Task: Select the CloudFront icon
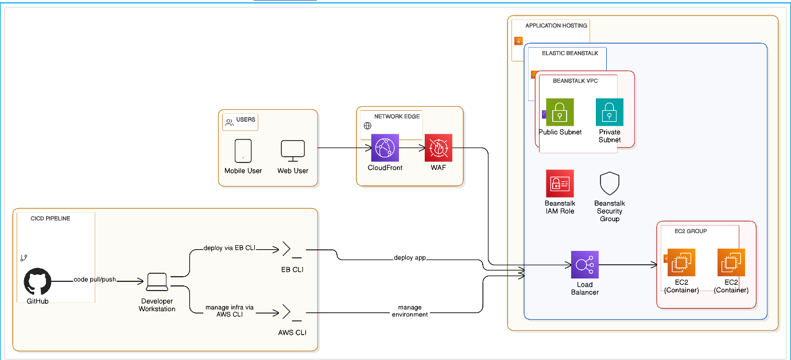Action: tap(385, 148)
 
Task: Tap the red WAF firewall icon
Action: tap(439, 148)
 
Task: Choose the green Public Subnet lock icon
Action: tap(560, 112)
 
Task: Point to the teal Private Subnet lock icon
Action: tap(610, 112)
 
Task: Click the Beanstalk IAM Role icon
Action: tap(560, 184)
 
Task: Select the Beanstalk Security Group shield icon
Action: tap(609, 184)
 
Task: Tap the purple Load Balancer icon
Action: tap(585, 265)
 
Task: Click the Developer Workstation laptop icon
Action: tap(157, 282)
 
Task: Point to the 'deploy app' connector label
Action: tap(410, 257)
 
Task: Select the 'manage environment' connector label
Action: tap(410, 311)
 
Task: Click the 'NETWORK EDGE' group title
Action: tap(397, 117)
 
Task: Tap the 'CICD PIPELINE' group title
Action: tap(51, 219)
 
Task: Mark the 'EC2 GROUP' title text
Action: tap(692, 231)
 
